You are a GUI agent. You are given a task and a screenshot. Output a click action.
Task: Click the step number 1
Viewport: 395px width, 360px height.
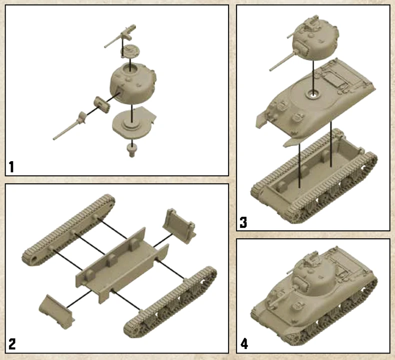click(x=11, y=167)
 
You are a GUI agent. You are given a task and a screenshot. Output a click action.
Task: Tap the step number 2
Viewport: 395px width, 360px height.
click(x=12, y=344)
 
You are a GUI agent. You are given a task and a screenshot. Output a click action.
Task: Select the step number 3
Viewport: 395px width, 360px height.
click(x=243, y=222)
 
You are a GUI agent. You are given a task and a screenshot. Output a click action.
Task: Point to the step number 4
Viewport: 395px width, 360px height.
click(x=244, y=343)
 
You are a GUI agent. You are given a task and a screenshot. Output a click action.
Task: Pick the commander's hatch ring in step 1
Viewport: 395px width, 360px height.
click(x=130, y=51)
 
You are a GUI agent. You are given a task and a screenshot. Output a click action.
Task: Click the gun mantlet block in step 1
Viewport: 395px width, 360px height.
click(x=102, y=105)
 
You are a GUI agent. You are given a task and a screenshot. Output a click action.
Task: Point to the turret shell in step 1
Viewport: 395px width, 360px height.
click(x=133, y=83)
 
